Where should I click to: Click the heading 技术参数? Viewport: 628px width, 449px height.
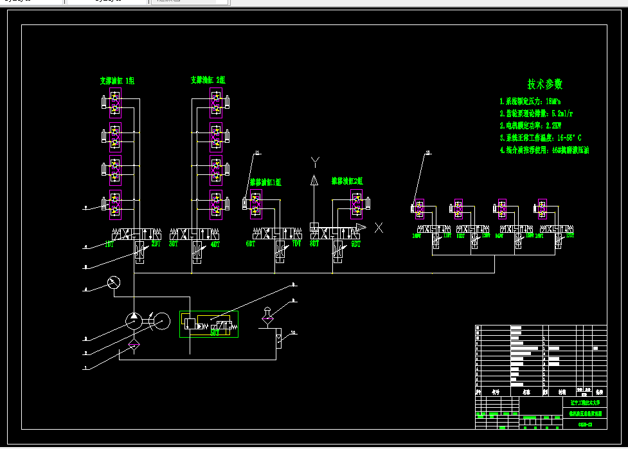(545, 84)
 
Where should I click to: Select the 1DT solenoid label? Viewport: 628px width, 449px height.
(109, 244)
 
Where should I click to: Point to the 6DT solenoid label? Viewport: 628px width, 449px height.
(251, 244)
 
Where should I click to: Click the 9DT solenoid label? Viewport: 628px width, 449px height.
(355, 244)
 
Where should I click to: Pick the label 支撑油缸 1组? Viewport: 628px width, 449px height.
(116, 81)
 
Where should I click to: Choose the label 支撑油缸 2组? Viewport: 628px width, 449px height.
(208, 80)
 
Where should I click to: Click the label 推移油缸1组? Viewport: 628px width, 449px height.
(265, 183)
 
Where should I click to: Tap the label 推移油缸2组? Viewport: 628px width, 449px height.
(347, 181)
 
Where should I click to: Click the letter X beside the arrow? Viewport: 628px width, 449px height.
(379, 227)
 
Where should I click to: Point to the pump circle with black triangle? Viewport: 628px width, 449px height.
(133, 320)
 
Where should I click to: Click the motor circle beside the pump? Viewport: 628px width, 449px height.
(161, 320)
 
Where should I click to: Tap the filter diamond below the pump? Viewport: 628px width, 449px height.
(133, 346)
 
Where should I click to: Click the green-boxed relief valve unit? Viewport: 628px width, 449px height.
(209, 324)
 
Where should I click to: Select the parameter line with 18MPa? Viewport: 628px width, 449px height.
(530, 102)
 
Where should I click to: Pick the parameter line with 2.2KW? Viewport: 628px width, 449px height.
(530, 125)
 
